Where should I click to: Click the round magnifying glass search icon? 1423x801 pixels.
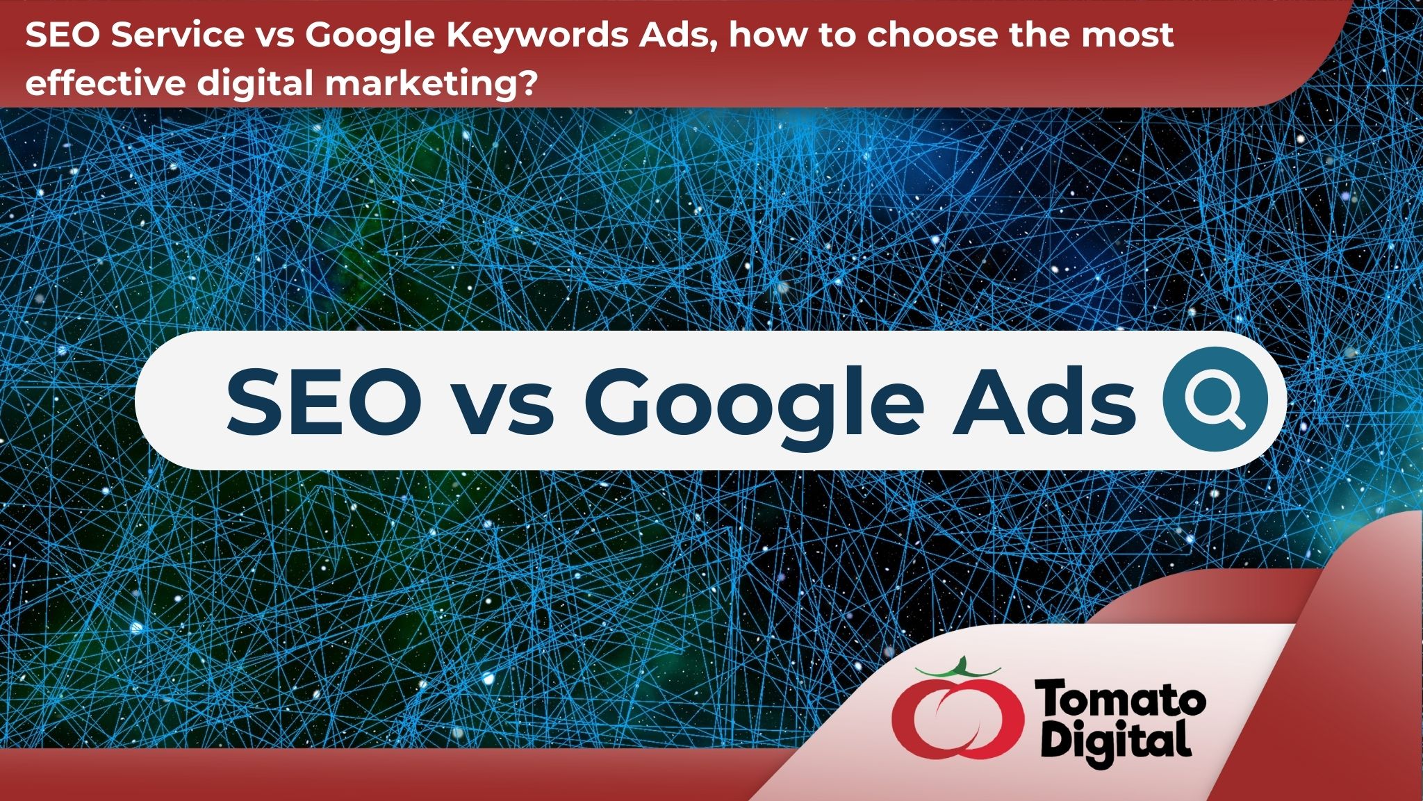tap(1215, 399)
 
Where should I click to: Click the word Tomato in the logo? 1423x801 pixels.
tap(1120, 700)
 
